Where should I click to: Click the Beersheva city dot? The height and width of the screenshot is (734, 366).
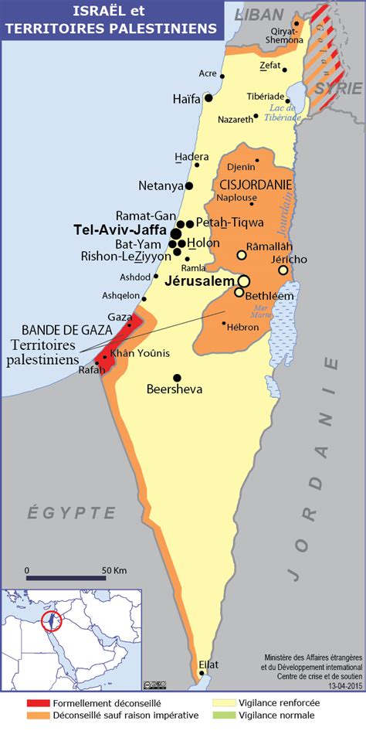177,378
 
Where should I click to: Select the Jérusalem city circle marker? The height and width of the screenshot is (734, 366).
244,281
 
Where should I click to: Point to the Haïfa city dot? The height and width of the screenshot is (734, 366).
208,98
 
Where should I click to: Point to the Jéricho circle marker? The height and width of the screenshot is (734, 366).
283,270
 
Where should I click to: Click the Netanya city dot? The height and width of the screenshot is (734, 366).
188,186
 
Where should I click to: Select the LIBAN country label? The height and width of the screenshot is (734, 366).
259,15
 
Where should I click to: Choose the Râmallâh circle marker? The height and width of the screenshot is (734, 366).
242,255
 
